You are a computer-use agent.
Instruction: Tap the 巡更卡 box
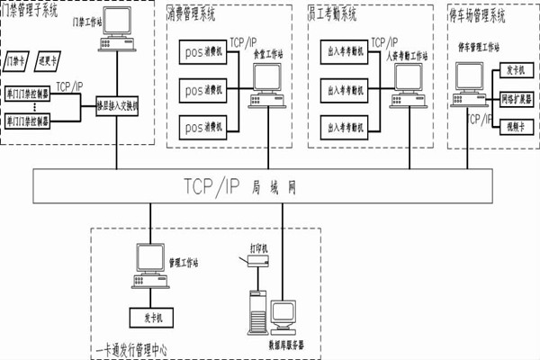click(x=49, y=62)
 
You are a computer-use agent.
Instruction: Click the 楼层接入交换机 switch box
click(x=118, y=103)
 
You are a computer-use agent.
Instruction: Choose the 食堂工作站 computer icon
click(x=267, y=80)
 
